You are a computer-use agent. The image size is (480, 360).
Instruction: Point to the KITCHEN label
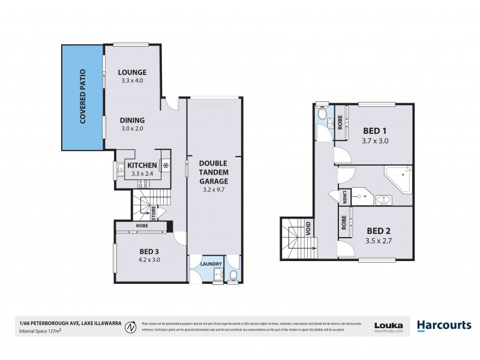click(x=142, y=165)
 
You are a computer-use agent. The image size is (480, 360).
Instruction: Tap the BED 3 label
click(x=149, y=251)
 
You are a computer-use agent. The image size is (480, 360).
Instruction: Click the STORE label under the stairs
click(x=154, y=212)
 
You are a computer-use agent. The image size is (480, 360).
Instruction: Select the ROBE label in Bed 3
click(x=142, y=226)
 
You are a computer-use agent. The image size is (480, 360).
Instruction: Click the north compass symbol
click(x=128, y=327)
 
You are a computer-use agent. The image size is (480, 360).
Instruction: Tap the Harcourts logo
click(x=444, y=325)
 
